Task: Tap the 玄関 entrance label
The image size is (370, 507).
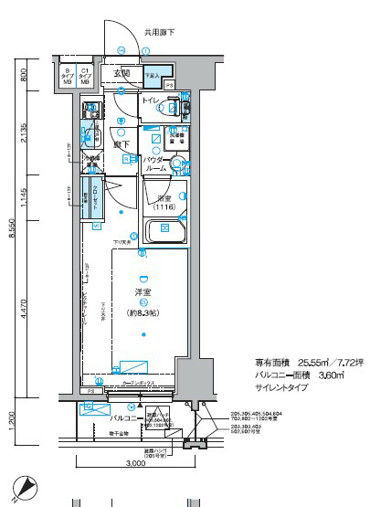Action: [x=122, y=73]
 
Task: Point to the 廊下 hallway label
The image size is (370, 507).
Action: [x=119, y=144]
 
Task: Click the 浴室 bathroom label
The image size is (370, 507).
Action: [x=165, y=197]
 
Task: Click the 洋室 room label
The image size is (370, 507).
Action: [x=143, y=292]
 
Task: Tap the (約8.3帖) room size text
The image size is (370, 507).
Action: [x=143, y=313]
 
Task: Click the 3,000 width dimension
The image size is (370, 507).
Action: [x=135, y=464]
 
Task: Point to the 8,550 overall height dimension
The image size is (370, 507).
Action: [x=12, y=233]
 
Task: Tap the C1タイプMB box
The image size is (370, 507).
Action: [x=86, y=76]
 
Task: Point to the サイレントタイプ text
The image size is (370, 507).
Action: [x=281, y=387]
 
